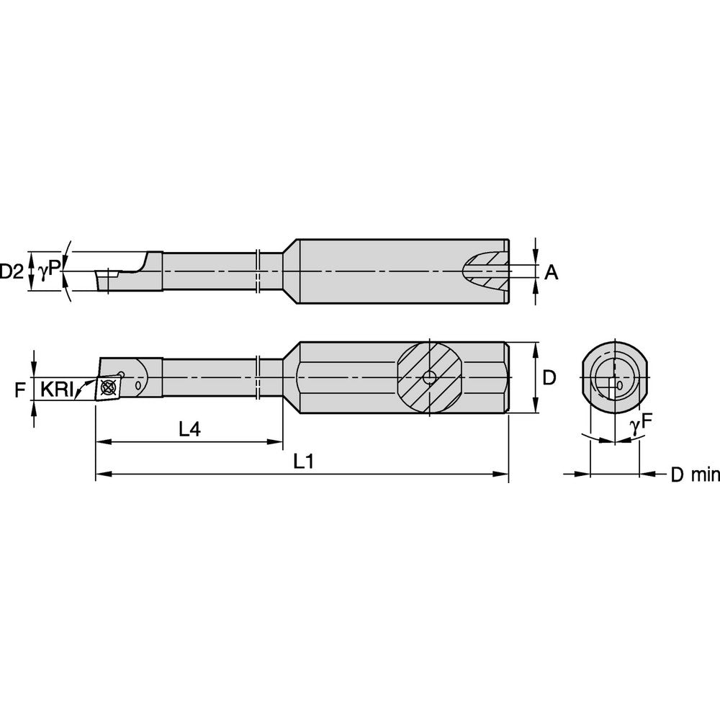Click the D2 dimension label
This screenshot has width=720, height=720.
[x=11, y=271]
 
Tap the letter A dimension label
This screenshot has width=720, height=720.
[x=551, y=271]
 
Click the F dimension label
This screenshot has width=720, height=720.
[x=19, y=390]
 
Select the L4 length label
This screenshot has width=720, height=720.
[x=189, y=429]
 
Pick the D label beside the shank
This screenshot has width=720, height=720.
[x=549, y=377]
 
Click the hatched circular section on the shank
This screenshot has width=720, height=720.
[x=429, y=377]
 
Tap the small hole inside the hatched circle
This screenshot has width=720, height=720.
[x=429, y=377]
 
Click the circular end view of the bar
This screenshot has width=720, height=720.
[x=614, y=377]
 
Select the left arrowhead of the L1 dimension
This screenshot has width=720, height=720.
[x=101, y=474]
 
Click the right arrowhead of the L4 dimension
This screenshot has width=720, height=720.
[x=277, y=442]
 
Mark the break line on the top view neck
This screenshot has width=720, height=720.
[x=258, y=271]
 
